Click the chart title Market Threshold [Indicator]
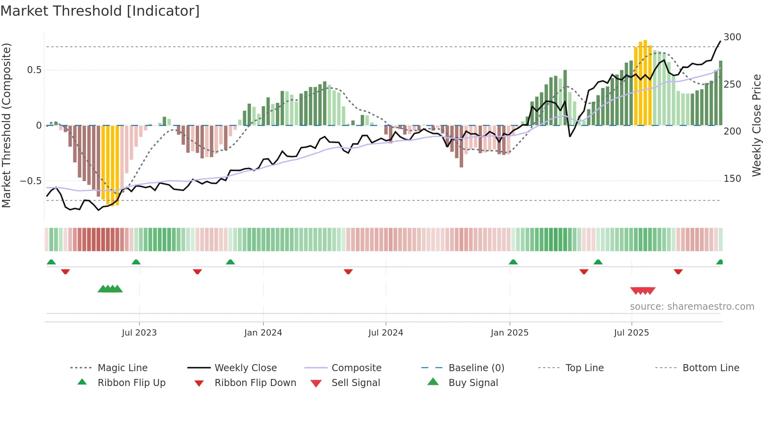[x=100, y=11]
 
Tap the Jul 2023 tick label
[x=139, y=332]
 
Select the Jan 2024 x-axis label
[x=263, y=332]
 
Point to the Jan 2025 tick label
[x=510, y=332]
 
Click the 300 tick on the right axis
[x=732, y=37]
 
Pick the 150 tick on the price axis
[x=732, y=179]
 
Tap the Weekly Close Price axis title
[x=757, y=125]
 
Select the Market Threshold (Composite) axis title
[x=6, y=125]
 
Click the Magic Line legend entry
[x=122, y=368]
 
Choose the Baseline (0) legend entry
[x=476, y=368]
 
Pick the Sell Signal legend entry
[x=355, y=383]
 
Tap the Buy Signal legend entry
[x=473, y=383]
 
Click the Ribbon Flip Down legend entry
[x=255, y=383]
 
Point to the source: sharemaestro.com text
[x=692, y=307]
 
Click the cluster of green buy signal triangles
[x=110, y=289]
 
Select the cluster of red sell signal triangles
[x=643, y=291]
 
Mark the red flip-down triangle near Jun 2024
[x=348, y=271]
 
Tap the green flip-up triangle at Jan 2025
[x=513, y=262]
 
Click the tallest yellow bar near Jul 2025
[x=645, y=82]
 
